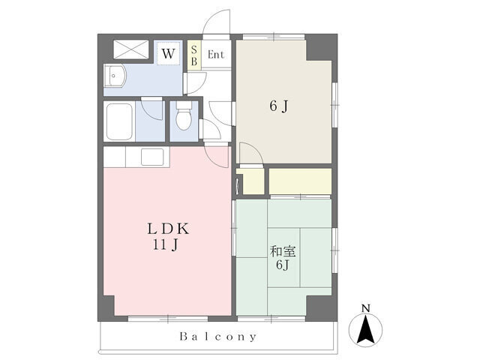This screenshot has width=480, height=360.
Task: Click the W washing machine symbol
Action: click(x=169, y=54)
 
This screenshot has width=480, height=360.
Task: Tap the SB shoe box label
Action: click(x=193, y=55)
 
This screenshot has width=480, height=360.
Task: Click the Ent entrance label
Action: click(x=215, y=54)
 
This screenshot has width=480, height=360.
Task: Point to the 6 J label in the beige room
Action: click(x=278, y=106)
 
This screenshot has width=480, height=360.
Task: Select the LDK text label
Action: click(x=166, y=229)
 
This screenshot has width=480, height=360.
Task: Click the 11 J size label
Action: click(x=166, y=244)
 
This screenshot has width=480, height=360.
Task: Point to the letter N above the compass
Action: click(x=365, y=308)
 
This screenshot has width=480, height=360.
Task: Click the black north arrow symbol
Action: click(x=365, y=328)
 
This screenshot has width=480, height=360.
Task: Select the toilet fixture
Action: click(x=183, y=118)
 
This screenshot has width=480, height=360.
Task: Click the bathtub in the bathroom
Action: click(x=121, y=121)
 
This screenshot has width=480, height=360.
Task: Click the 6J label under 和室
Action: click(x=282, y=265)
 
